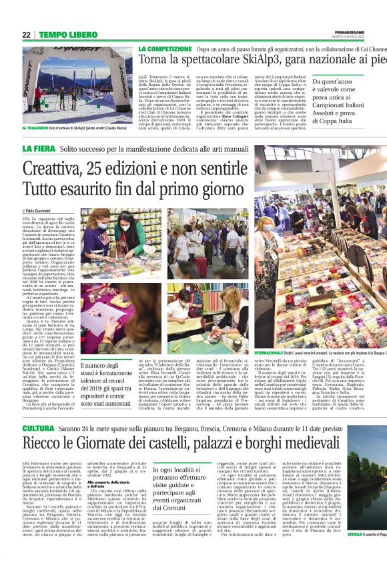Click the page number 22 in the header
point(27,35)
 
